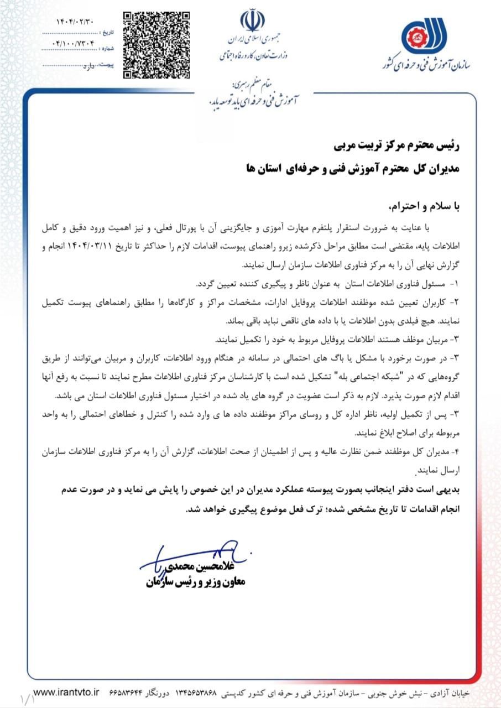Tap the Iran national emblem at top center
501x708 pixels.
(252, 20)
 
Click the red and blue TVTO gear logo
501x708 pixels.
(422, 37)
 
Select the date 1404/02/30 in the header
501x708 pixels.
(75, 22)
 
